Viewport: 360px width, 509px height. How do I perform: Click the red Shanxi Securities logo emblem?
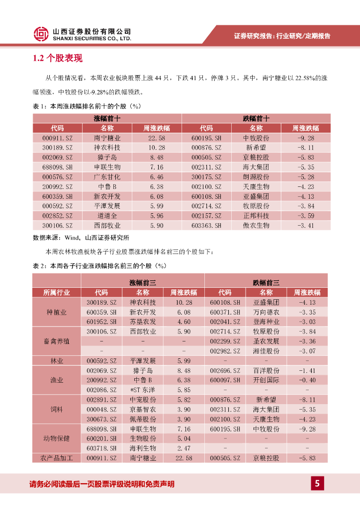pos(41,34)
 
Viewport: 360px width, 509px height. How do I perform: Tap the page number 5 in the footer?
pos(317,483)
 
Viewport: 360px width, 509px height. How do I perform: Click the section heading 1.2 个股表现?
pos(57,59)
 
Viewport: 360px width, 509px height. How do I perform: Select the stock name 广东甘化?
pos(107,176)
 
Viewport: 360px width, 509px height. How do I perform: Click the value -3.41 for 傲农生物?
pos(305,225)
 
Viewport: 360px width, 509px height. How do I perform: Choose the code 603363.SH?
pos(206,225)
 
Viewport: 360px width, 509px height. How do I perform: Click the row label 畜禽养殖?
pos(57,341)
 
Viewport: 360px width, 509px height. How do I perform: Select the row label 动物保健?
pos(57,438)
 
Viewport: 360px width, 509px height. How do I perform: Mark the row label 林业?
pos(57,360)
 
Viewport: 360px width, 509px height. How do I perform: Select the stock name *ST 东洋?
pos(143,390)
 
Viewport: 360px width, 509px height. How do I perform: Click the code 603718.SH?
pos(101,448)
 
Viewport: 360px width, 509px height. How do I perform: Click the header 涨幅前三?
pos(143,282)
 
